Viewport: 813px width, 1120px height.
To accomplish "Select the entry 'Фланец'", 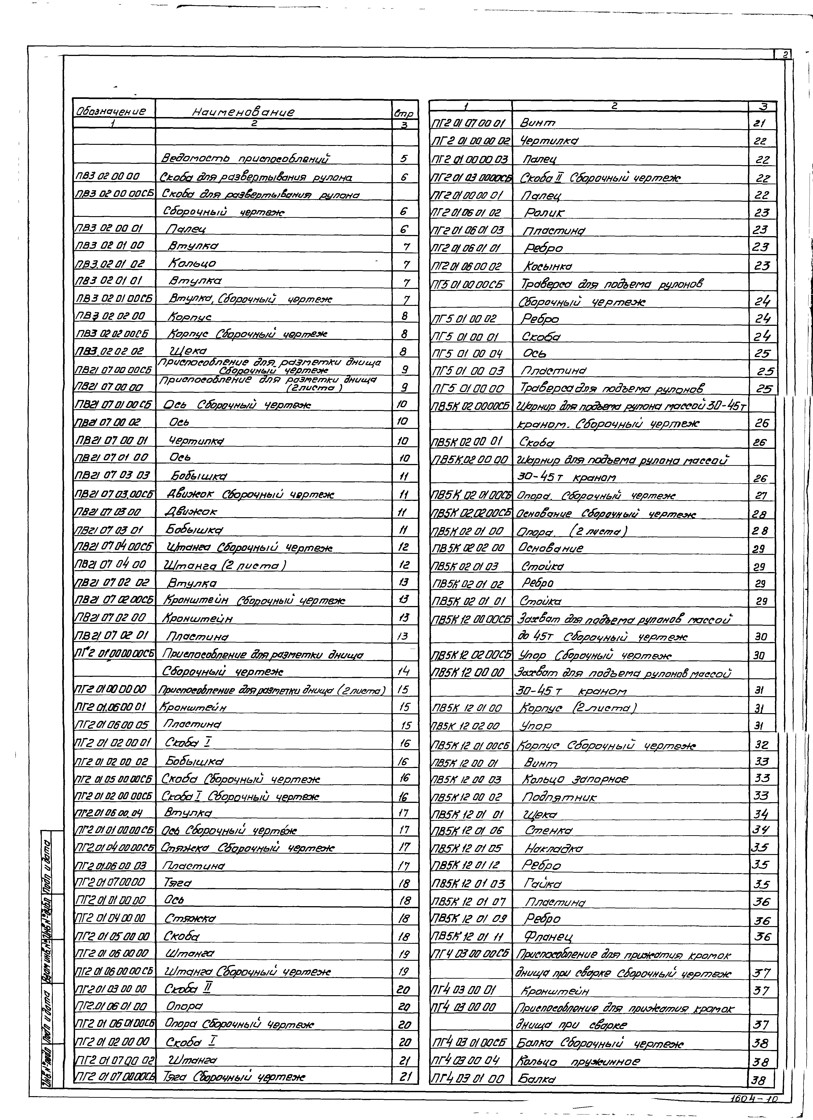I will coord(549,936).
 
